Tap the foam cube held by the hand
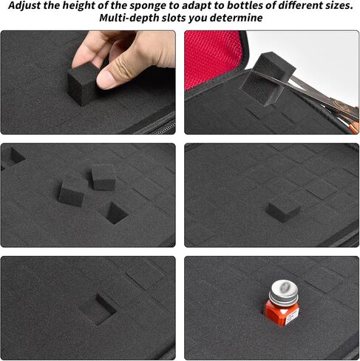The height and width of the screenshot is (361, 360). [83, 84]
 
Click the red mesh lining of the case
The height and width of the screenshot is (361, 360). [211, 58]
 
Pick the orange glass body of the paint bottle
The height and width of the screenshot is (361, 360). [280, 313]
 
